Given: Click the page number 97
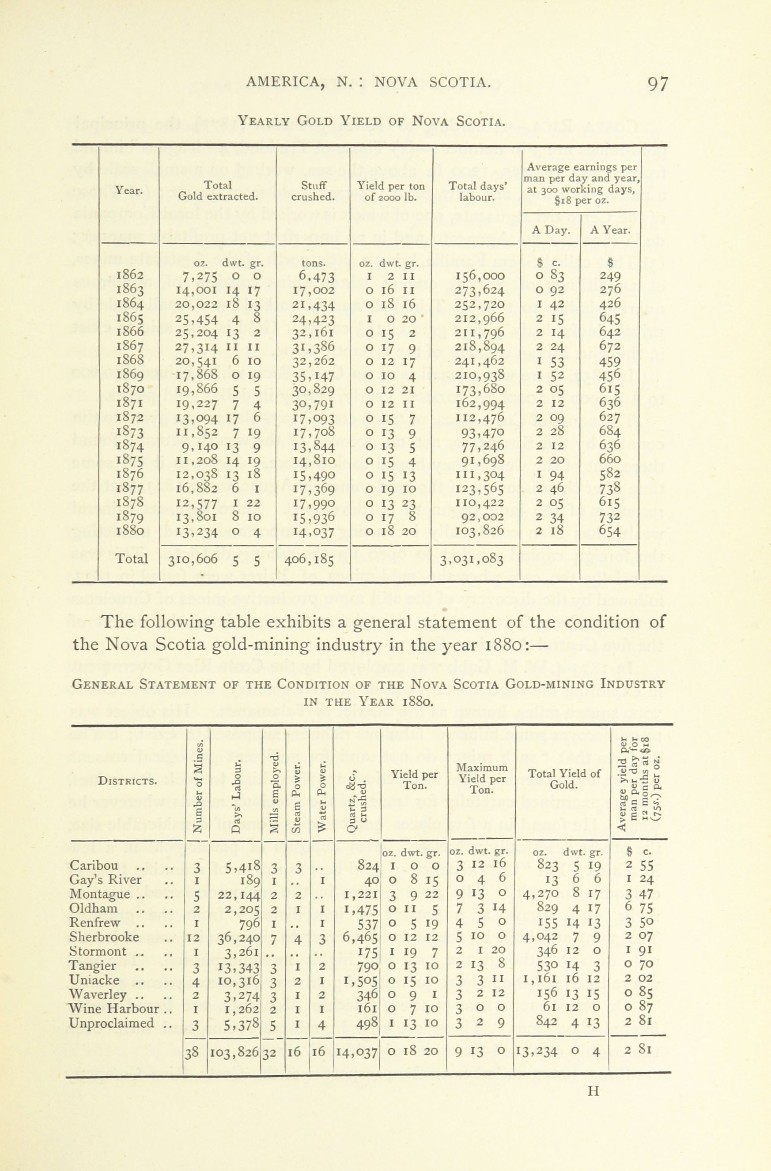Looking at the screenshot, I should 658,84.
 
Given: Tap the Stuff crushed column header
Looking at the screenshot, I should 313,192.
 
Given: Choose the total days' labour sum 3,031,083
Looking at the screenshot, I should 475,559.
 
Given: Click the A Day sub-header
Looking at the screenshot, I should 551,230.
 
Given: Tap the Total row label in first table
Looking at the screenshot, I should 131,558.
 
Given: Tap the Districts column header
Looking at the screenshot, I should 128,781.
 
